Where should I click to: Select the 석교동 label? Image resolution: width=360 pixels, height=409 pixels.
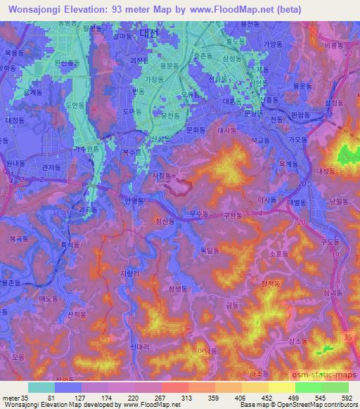[261, 140]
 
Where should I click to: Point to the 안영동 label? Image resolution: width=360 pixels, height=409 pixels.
[134, 202]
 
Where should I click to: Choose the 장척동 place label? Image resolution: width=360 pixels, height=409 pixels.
[271, 283]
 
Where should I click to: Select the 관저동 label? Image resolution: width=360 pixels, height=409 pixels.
[53, 167]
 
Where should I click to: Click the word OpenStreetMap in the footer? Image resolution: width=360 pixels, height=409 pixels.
[302, 405]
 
